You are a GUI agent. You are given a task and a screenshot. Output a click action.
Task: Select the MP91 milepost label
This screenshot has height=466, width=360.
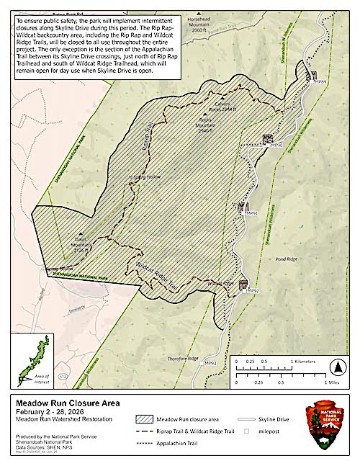[x=251, y=214]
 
